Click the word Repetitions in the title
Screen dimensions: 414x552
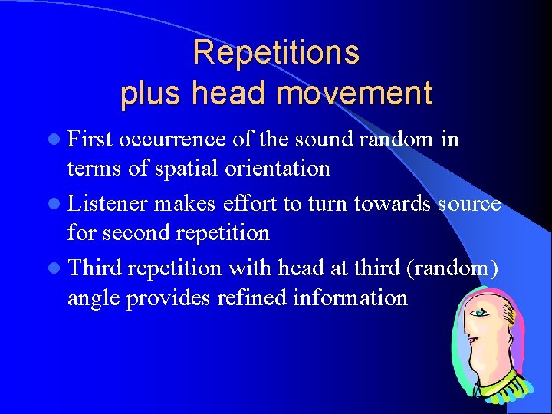(276, 53)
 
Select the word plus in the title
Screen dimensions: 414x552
(152, 94)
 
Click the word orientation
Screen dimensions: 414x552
(279, 168)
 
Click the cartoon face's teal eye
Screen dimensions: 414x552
(480, 314)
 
